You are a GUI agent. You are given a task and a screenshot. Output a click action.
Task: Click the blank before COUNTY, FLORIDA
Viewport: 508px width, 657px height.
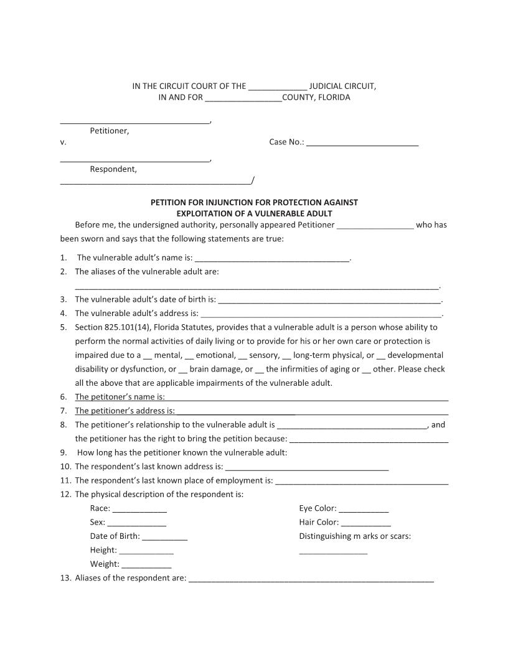coord(243,98)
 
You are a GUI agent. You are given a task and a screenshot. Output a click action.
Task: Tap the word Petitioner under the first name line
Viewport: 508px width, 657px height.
coord(110,131)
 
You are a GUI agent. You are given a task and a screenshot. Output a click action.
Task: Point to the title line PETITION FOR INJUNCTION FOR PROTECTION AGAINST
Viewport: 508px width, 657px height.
coord(254,203)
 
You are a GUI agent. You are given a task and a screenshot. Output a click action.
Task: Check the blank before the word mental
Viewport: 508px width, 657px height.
coord(148,356)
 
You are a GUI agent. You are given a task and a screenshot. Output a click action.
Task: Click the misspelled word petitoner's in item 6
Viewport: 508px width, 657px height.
coord(103,397)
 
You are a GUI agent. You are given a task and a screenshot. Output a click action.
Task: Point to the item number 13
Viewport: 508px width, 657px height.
coord(65,579)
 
